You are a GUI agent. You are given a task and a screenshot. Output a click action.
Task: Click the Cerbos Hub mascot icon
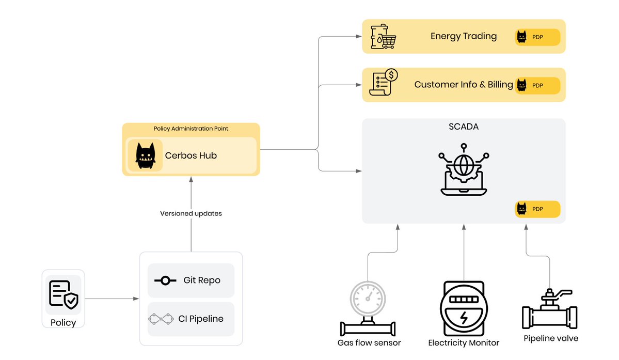tap(145, 155)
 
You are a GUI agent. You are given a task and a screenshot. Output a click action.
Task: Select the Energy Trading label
tap(463, 36)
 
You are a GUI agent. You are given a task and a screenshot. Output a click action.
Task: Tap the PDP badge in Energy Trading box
tap(537, 37)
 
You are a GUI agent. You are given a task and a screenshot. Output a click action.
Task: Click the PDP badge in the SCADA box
tap(537, 209)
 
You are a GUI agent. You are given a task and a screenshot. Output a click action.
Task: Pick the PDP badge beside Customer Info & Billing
tap(537, 85)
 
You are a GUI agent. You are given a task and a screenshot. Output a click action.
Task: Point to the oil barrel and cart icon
tap(383, 36)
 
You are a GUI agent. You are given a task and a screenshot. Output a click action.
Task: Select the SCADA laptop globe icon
tap(463, 173)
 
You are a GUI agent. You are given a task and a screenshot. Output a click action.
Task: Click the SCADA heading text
tap(463, 126)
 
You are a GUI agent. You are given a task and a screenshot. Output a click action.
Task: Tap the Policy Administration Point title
tap(191, 128)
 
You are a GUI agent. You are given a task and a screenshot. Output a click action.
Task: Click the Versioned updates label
tap(191, 213)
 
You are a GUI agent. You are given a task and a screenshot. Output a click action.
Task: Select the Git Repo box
tap(191, 280)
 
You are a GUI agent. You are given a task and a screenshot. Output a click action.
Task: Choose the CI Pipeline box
tap(191, 319)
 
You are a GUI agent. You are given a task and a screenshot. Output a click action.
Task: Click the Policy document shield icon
tap(64, 294)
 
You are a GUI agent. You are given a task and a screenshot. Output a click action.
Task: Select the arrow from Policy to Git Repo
tap(112, 299)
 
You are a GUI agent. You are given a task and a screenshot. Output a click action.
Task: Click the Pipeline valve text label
tap(551, 338)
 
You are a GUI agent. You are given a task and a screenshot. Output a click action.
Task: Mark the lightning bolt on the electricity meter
tap(464, 318)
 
